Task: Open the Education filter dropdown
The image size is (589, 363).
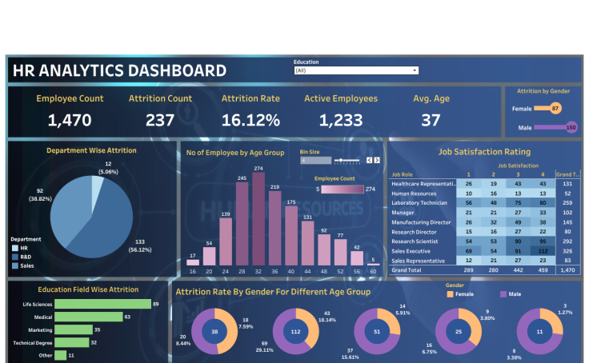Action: pyautogui.click(x=356, y=70)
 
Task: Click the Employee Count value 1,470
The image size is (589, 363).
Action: pyautogui.click(x=70, y=121)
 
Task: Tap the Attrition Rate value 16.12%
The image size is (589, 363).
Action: pyautogui.click(x=250, y=121)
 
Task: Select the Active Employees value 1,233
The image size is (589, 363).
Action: pyautogui.click(x=341, y=121)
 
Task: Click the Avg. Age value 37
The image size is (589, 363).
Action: pyautogui.click(x=431, y=121)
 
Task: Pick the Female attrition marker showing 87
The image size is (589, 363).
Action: pyautogui.click(x=555, y=108)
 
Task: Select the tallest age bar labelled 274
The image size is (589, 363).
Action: pyautogui.click(x=258, y=218)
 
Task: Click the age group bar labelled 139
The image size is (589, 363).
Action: pyautogui.click(x=225, y=241)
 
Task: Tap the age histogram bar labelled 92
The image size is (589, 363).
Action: pyautogui.click(x=323, y=250)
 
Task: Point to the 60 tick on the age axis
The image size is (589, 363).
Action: pyautogui.click(x=372, y=272)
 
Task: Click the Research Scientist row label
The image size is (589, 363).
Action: pyautogui.click(x=415, y=240)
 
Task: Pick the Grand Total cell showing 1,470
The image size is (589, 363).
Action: pyautogui.click(x=567, y=271)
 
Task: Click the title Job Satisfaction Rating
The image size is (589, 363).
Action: pyautogui.click(x=484, y=151)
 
